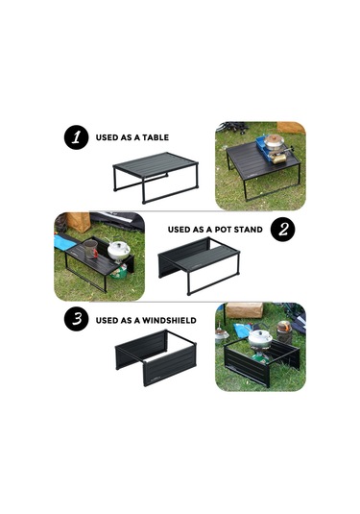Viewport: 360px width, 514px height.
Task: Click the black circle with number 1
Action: [76, 137]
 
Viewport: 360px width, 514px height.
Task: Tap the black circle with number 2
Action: [282, 229]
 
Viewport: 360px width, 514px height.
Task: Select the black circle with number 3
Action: [76, 319]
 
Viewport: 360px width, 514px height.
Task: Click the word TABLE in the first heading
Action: [156, 137]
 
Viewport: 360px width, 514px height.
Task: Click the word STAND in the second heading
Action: [250, 230]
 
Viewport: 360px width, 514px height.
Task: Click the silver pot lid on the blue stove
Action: [275, 140]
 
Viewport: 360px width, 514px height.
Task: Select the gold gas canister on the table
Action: [279, 159]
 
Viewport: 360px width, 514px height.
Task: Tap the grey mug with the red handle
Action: [91, 249]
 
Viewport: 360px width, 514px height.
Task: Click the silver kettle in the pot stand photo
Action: [119, 250]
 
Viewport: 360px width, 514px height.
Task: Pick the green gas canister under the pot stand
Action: [119, 272]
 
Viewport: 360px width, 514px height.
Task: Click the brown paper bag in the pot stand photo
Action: [78, 222]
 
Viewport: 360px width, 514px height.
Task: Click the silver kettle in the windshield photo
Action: [260, 338]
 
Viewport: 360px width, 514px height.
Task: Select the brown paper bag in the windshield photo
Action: [245, 310]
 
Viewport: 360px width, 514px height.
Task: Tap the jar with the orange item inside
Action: [283, 331]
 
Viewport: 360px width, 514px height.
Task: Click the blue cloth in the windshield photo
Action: [243, 330]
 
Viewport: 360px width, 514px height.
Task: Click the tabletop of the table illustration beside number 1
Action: [156, 164]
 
